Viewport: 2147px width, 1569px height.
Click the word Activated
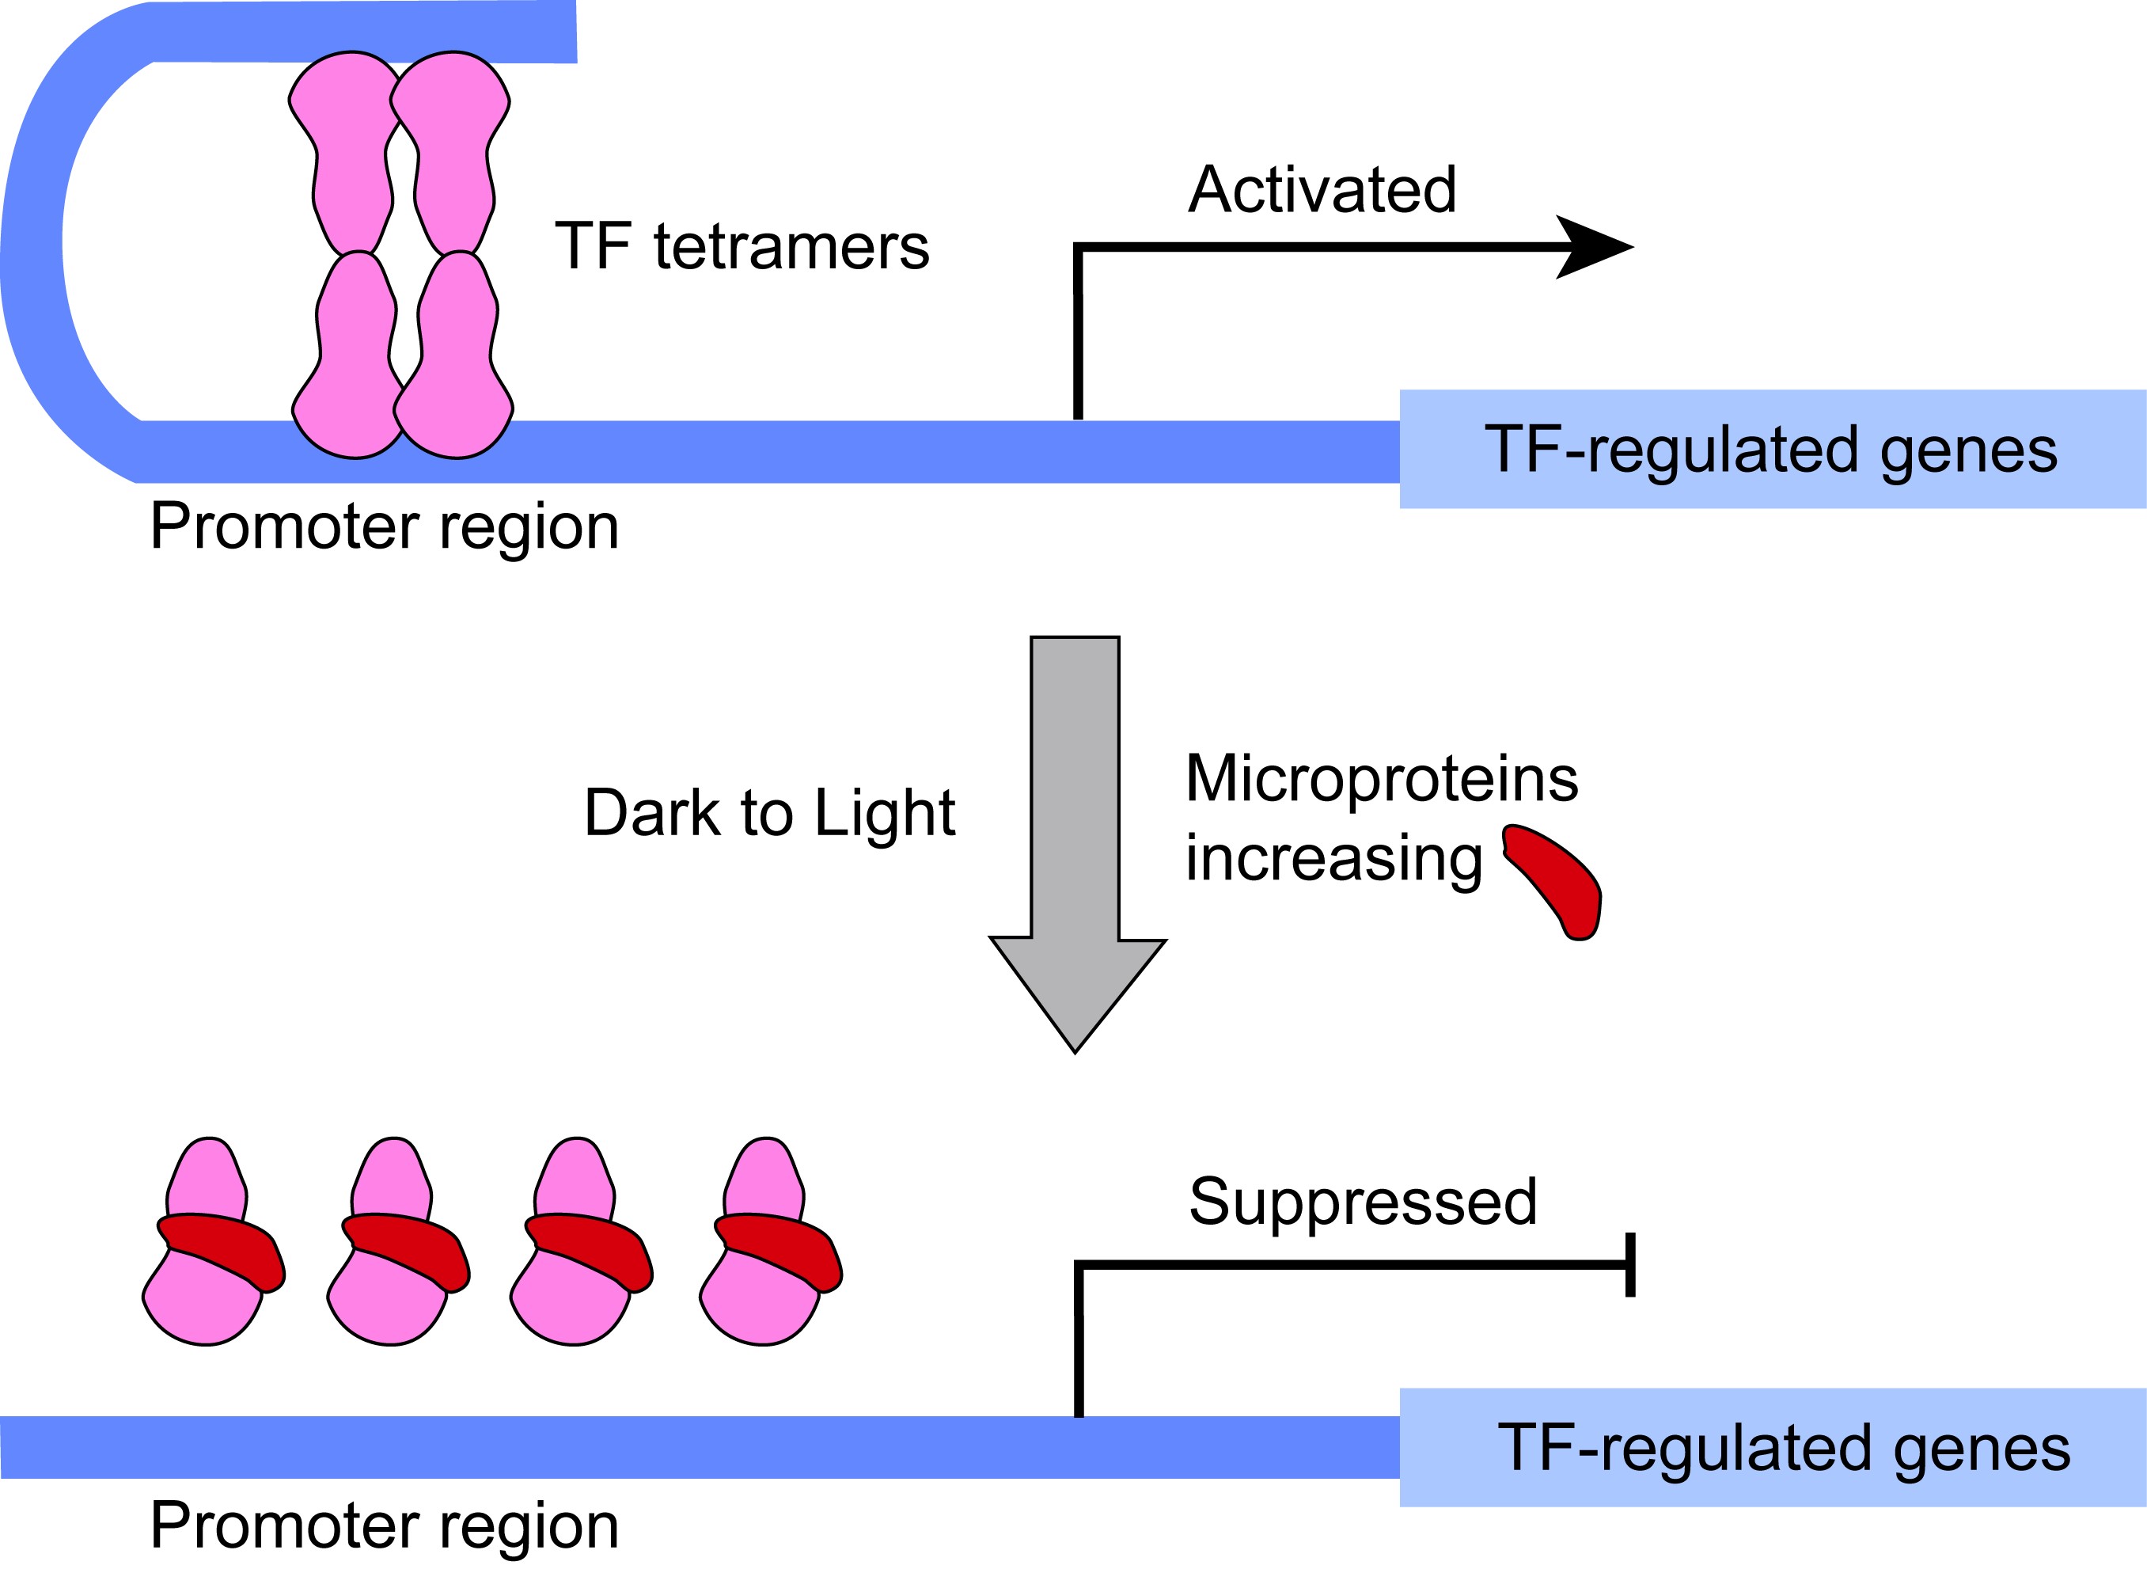1322,190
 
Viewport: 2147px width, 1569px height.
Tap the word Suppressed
1363,1202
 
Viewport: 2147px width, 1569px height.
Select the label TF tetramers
742,247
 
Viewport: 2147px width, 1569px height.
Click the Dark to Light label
769,814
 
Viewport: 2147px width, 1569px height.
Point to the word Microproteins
1382,780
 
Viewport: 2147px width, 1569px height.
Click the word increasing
1333,859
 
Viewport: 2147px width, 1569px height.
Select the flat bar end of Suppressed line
1630,1265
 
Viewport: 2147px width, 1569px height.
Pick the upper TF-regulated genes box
1772,449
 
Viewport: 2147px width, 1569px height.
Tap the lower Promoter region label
384,1525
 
